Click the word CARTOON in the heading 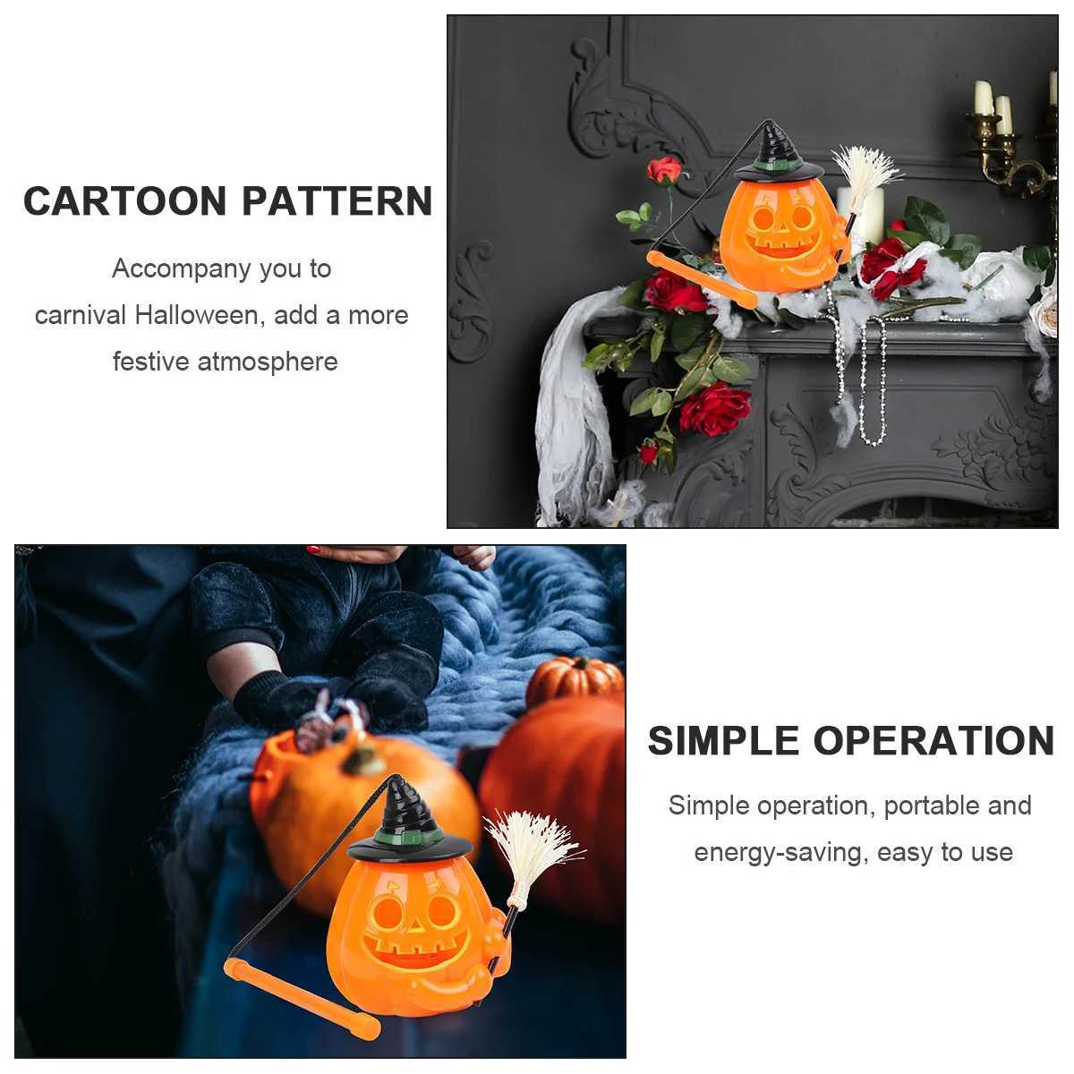[x=125, y=201]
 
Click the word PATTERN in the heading [x=337, y=201]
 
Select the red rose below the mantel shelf [x=714, y=410]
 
